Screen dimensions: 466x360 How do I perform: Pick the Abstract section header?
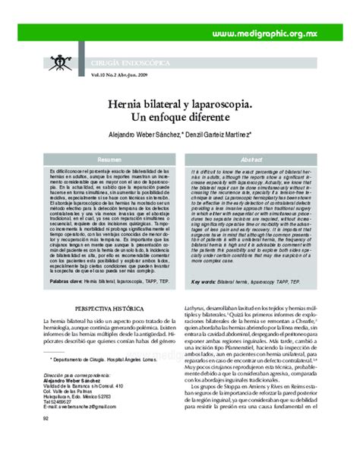point(251,160)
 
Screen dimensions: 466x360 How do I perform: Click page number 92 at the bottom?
point(47,439)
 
